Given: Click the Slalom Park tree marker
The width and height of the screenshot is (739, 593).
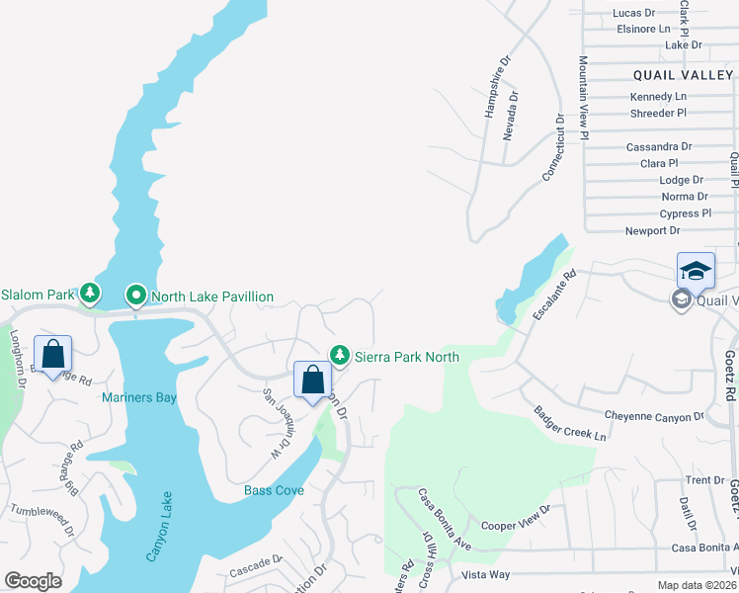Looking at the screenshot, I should (x=90, y=293).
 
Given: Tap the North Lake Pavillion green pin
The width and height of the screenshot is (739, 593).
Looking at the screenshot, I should (x=135, y=295).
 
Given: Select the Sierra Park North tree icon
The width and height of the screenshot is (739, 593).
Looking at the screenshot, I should (x=340, y=354).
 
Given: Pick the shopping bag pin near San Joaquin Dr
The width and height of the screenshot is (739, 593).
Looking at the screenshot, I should (x=312, y=380).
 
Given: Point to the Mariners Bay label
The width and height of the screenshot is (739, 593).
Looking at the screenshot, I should (x=138, y=398).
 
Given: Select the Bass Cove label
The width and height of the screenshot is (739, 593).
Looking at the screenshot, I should (x=275, y=490).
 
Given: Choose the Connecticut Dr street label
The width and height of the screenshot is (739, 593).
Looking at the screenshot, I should (x=552, y=146).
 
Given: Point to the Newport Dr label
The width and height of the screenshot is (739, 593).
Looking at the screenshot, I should (x=653, y=231).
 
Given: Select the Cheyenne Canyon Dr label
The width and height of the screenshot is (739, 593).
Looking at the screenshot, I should (x=654, y=416).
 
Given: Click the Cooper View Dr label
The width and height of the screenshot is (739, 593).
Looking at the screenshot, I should (x=515, y=520).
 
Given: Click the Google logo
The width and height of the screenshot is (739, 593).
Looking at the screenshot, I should (x=33, y=581).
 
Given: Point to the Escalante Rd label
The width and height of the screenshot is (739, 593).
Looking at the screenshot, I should (x=553, y=294).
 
